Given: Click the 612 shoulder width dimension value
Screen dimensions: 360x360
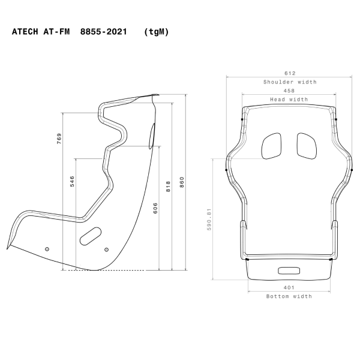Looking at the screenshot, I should pyautogui.click(x=289, y=73).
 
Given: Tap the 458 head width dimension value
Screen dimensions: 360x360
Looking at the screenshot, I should pyautogui.click(x=289, y=91).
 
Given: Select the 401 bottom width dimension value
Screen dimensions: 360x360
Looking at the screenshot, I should pyautogui.click(x=289, y=288).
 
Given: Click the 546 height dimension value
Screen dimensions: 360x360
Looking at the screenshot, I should pyautogui.click(x=73, y=182).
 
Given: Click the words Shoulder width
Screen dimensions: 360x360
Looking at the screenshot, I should pyautogui.click(x=290, y=82).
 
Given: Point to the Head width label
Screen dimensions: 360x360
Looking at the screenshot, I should pyautogui.click(x=289, y=100).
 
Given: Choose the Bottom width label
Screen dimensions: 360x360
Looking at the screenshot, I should pyautogui.click(x=289, y=296).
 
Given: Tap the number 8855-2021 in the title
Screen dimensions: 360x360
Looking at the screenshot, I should pyautogui.click(x=103, y=32).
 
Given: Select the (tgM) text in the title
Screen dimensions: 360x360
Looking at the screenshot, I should pyautogui.click(x=156, y=32).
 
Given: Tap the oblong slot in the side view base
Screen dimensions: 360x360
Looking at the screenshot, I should pyautogui.click(x=91, y=235).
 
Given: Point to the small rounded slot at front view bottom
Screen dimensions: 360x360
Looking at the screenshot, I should pyautogui.click(x=289, y=269).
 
